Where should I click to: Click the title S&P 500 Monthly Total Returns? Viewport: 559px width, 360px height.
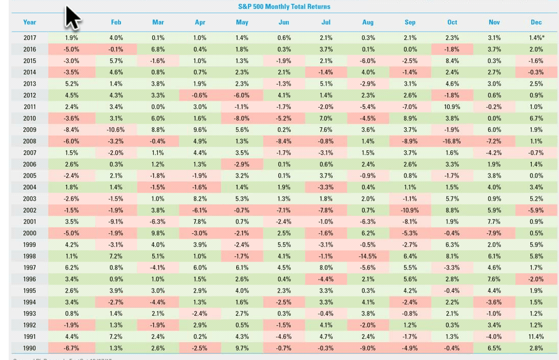pyautogui.click(x=284, y=7)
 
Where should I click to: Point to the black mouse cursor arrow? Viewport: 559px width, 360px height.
pyautogui.click(x=72, y=17)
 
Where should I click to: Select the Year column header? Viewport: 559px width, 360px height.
pyautogui.click(x=30, y=22)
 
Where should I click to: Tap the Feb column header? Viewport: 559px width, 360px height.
pyautogui.click(x=116, y=22)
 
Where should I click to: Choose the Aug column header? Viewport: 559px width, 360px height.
pyautogui.click(x=367, y=22)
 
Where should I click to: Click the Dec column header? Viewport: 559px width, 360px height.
pyautogui.click(x=536, y=22)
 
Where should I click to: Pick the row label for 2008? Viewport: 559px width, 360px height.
pyautogui.click(x=30, y=142)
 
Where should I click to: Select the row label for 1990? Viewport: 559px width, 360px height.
pyautogui.click(x=30, y=348)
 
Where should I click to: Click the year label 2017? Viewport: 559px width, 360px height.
pyautogui.click(x=30, y=38)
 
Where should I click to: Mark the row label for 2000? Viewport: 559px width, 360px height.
pyautogui.click(x=30, y=233)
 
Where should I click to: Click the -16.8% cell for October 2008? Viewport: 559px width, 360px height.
pyautogui.click(x=452, y=142)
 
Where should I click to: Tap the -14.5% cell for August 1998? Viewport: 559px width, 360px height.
pyautogui.click(x=367, y=256)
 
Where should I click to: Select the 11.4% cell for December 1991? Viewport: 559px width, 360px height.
pyautogui.click(x=536, y=337)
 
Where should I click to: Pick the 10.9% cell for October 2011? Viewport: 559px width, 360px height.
pyautogui.click(x=452, y=107)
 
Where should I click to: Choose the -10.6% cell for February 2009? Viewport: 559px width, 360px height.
pyautogui.click(x=116, y=130)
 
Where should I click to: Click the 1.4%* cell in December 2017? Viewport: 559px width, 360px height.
pyautogui.click(x=536, y=38)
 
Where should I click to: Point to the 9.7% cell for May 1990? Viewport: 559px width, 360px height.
pyautogui.click(x=242, y=348)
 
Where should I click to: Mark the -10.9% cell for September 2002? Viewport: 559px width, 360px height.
pyautogui.click(x=410, y=210)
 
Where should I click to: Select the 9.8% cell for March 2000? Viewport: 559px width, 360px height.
pyautogui.click(x=158, y=233)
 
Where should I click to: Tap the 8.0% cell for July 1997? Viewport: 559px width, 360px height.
pyautogui.click(x=326, y=268)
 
